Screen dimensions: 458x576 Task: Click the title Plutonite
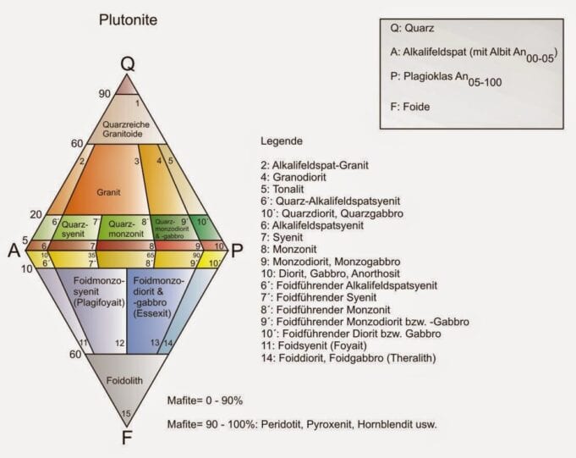[x=127, y=18]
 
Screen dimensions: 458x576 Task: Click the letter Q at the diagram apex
[x=127, y=64]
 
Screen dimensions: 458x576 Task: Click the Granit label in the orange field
[x=109, y=192]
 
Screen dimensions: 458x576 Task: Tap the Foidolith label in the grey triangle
[x=127, y=380]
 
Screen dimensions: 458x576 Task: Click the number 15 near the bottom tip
[x=126, y=413]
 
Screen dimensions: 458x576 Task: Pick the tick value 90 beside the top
[x=104, y=94]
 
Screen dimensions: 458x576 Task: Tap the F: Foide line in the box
[x=411, y=108]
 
